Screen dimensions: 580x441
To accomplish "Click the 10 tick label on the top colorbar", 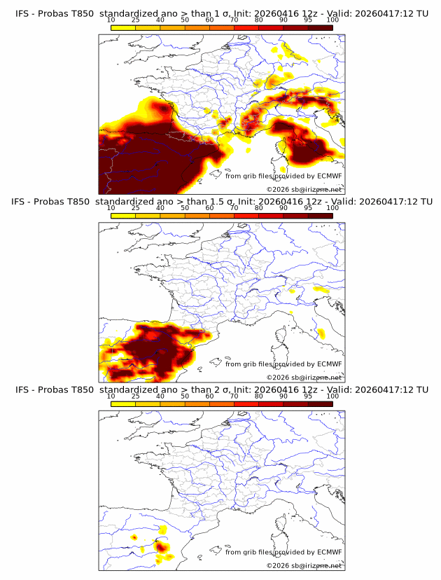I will (111, 19).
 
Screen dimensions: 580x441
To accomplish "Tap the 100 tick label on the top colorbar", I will (332, 19).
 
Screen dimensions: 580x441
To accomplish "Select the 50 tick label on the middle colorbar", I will (185, 207).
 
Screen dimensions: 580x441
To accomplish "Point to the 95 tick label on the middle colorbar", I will (308, 207).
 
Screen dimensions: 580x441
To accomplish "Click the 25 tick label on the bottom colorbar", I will (136, 396).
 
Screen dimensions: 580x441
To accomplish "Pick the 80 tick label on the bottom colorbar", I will (259, 396).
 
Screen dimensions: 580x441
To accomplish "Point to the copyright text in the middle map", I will (304, 377).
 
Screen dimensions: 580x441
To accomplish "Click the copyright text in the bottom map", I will (304, 565).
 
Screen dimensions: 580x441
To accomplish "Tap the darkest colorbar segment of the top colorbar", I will (320, 27).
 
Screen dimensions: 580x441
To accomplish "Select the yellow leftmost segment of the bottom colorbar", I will (123, 404).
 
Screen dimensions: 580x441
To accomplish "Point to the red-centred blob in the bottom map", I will (160, 546).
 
